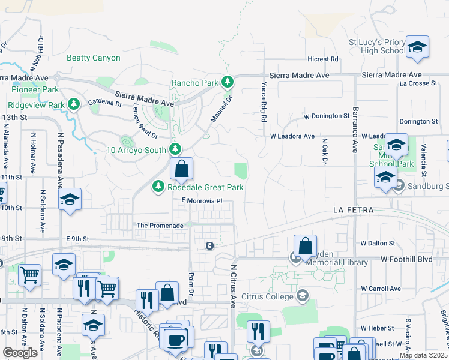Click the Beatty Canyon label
(93, 58)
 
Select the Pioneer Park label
(35, 89)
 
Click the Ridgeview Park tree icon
(73, 104)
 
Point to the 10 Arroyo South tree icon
(175, 148)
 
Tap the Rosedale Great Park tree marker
(158, 187)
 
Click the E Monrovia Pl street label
(201, 200)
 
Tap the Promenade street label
(160, 225)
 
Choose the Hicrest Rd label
(322, 59)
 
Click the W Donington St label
(327, 115)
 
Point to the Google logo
(20, 353)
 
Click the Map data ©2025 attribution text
(424, 355)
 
